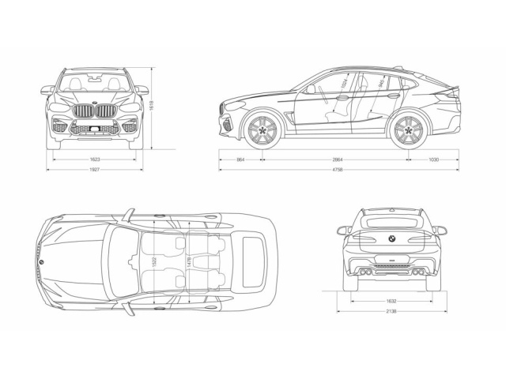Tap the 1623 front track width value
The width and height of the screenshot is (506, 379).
tap(95, 159)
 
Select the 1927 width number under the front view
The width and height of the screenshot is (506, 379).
tap(95, 169)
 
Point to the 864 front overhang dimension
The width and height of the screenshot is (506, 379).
tap(240, 159)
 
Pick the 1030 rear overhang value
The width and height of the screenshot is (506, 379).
tap(432, 159)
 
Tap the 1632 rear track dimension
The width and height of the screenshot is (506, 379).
tap(391, 301)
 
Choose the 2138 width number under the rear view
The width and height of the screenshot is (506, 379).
tap(391, 311)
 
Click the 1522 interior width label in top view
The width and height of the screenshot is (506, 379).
tap(155, 260)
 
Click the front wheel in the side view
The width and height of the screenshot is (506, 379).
tap(260, 130)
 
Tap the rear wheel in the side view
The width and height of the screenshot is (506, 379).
tap(407, 130)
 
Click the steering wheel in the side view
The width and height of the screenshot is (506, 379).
tap(311, 90)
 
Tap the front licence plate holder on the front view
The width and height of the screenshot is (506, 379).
tap(95, 129)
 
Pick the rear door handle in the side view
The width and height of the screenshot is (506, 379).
tap(393, 96)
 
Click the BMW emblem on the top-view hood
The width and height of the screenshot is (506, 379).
tap(42, 261)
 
